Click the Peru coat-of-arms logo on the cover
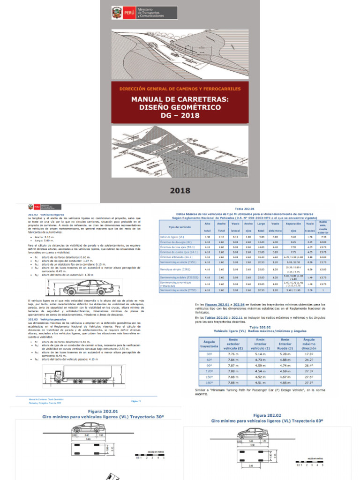pyautogui.click(x=116, y=13)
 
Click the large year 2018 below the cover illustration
pyautogui.click(x=180, y=190)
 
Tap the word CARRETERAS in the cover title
pyautogui.click(x=206, y=99)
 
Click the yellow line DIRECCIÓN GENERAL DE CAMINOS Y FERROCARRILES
pyautogui.click(x=180, y=89)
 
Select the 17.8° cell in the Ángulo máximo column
pyautogui.click(x=309, y=353)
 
